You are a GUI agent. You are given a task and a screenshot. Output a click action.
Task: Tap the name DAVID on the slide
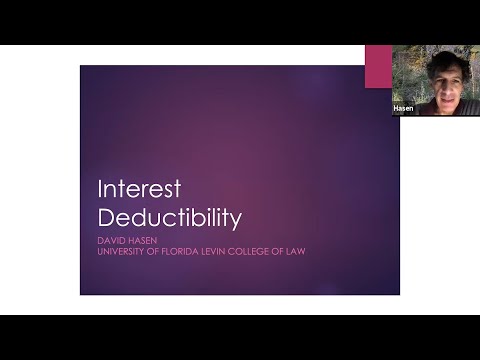click(x=111, y=239)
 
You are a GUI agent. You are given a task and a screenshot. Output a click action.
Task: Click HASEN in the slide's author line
click(x=141, y=239)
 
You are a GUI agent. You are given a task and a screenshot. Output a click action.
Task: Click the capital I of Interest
click(x=100, y=190)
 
